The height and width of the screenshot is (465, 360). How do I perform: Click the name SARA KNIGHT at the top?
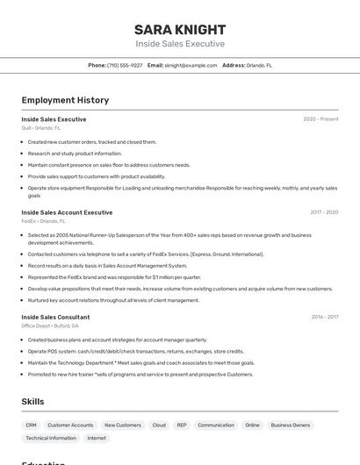click(x=180, y=29)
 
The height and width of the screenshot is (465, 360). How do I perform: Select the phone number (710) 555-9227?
click(x=125, y=65)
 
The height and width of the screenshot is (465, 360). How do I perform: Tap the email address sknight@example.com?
click(x=191, y=65)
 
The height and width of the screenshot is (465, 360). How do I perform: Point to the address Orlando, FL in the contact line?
click(x=259, y=65)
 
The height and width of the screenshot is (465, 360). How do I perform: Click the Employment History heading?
click(x=60, y=100)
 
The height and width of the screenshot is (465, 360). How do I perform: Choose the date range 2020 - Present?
click(x=320, y=119)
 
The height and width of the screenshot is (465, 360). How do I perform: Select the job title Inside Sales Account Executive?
click(x=67, y=212)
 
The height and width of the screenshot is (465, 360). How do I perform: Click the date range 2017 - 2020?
click(x=324, y=212)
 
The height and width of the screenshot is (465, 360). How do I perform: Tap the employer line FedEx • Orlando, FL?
click(x=43, y=221)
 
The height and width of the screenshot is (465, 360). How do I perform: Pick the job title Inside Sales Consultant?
click(x=55, y=317)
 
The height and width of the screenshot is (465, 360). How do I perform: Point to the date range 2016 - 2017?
click(x=324, y=317)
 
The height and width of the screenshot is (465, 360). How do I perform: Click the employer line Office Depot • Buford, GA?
click(x=50, y=325)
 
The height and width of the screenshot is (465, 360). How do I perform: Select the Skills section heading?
click(x=32, y=401)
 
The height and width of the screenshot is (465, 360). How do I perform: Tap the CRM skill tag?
click(x=31, y=426)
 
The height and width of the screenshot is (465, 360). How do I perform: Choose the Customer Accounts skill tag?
click(x=70, y=426)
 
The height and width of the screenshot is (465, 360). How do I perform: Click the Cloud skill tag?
click(x=159, y=426)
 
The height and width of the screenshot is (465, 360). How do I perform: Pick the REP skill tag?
click(x=182, y=426)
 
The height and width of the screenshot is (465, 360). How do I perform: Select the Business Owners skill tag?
click(x=290, y=426)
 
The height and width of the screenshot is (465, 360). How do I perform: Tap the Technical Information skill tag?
click(x=51, y=438)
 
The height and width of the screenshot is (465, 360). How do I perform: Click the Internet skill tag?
click(x=97, y=438)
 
